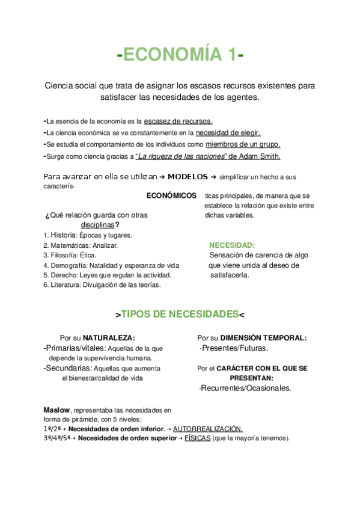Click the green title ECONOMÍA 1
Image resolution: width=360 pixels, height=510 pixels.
[x=180, y=55]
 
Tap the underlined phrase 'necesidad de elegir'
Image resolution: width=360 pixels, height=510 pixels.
[x=228, y=132]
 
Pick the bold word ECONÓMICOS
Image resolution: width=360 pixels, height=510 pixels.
[x=171, y=196]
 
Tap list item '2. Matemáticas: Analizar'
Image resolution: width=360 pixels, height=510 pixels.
[x=81, y=245]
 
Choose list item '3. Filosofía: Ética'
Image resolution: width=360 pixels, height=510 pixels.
[x=70, y=255]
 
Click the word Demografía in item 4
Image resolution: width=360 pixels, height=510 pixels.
[x=65, y=265]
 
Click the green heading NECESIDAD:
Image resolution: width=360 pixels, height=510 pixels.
[x=232, y=245]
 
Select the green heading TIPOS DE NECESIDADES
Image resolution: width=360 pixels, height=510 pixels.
[x=180, y=315]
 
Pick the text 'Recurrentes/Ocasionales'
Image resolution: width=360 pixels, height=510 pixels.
[x=246, y=388]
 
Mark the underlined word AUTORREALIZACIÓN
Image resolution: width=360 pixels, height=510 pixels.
[x=208, y=429]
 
